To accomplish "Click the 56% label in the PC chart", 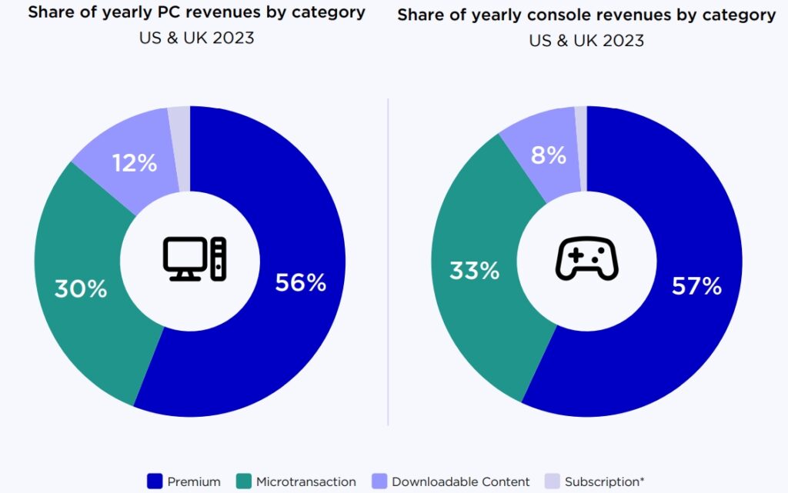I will coord(300,282).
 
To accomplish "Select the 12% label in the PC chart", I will coord(135,162).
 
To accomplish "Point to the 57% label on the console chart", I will coord(696,286).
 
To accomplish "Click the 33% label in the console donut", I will coord(474,270).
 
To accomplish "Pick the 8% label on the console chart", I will coord(548,155).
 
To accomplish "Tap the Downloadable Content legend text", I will coord(460,481).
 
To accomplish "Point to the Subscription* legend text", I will coord(604,481).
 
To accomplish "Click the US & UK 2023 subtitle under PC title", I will coord(197,38).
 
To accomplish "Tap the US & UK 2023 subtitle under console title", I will coord(586,40).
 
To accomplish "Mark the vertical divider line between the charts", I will coord(388,261).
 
